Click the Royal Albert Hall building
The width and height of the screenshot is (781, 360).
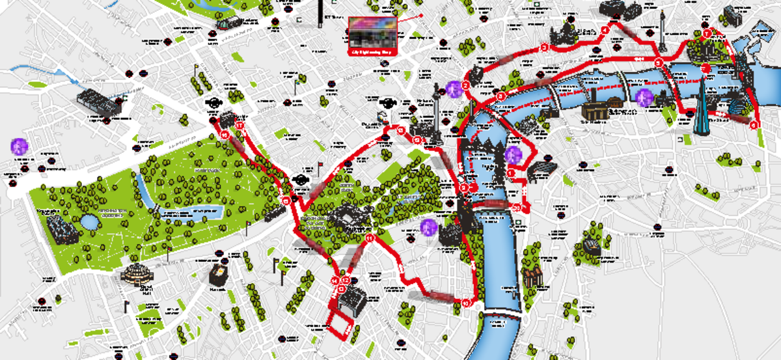138,278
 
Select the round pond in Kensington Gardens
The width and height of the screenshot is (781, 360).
89,222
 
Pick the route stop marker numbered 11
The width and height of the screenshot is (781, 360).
370,239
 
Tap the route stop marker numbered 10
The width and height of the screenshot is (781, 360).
466,303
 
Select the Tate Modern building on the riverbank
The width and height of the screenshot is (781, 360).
595,111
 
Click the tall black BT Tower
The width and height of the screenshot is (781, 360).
320,13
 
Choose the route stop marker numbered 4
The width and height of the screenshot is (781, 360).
605,30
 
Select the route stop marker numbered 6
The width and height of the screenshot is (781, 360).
754,124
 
